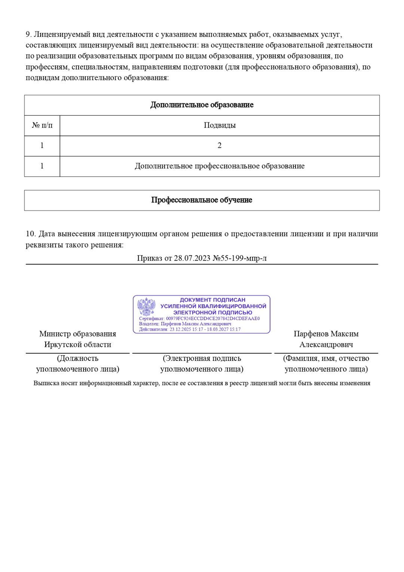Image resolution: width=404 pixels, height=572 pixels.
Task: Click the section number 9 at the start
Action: (28, 34)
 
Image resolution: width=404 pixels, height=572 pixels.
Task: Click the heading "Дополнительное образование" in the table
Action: (202, 105)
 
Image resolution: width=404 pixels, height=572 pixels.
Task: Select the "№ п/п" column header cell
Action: (42, 125)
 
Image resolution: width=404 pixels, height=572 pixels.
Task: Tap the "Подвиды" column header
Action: (220, 125)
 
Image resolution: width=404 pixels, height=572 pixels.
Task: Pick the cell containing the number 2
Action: (220, 145)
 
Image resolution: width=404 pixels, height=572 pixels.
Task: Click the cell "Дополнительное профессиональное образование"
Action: (220, 166)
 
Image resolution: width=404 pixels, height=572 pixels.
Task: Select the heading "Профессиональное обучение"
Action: (202, 200)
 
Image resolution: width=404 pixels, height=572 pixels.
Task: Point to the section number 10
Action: (30, 234)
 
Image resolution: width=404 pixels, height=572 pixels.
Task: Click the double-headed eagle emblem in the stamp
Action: (146, 307)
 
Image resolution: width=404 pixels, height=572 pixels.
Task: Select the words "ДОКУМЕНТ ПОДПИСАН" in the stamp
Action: (212, 300)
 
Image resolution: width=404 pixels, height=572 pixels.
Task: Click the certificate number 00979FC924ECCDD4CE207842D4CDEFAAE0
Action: (212, 319)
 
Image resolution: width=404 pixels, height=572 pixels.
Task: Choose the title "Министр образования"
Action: (77, 334)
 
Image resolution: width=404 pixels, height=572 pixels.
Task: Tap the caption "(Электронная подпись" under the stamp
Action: (202, 358)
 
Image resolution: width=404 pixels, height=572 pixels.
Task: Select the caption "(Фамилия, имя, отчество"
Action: (326, 358)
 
